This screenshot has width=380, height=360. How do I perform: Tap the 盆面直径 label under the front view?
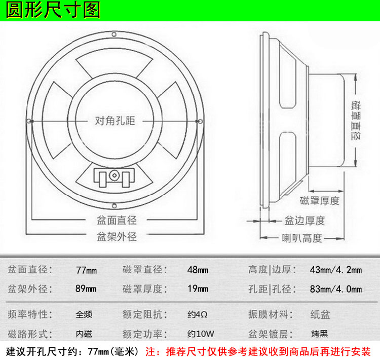(117, 220)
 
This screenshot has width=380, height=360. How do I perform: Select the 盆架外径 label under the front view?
(117, 236)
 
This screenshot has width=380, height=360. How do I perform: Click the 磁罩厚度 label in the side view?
(320, 200)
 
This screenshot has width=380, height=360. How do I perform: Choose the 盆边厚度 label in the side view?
(304, 221)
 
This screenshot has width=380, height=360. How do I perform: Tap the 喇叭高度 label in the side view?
(302, 238)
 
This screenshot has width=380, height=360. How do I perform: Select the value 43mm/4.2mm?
(336, 270)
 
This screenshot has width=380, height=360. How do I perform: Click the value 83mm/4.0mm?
(336, 289)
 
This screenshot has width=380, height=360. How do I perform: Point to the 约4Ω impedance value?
(197, 314)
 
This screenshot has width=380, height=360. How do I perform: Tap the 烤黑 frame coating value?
(320, 334)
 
